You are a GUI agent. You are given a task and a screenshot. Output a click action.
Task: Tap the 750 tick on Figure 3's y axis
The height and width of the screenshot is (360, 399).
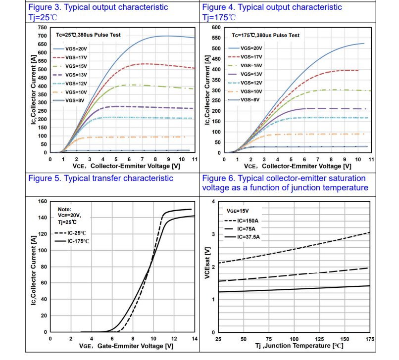coord(42,28)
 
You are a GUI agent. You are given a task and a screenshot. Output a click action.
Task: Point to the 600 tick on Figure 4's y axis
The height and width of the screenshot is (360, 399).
coord(216,28)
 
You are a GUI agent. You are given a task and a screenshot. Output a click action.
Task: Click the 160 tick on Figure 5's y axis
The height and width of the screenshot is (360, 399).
coord(42,202)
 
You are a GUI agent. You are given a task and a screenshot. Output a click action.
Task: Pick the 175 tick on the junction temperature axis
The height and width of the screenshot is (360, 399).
coord(369,339)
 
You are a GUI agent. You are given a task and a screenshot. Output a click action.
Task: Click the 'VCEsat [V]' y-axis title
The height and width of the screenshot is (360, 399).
coord(208,266)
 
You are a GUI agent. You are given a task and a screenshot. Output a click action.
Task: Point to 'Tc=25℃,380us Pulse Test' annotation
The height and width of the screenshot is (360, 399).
coord(89,35)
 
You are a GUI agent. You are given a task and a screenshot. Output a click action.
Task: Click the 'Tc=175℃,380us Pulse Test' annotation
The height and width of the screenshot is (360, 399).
coord(266,35)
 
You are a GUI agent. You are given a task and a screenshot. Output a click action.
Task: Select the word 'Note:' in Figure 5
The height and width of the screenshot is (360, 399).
coord(65,210)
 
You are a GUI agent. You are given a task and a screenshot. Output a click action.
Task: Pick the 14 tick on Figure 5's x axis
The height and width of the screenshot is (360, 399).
coord(195,339)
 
